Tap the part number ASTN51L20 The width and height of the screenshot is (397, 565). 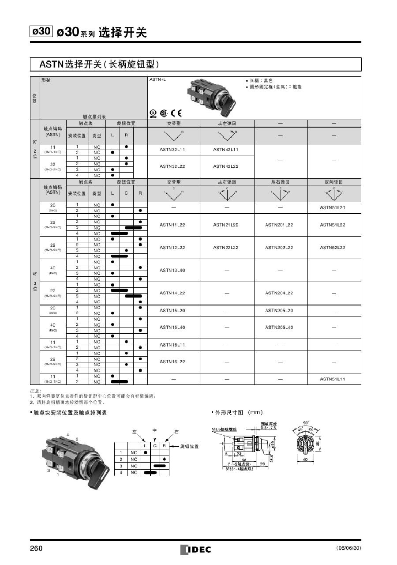334,207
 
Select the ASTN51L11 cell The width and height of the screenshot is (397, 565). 334,379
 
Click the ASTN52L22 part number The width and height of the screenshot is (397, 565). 334,248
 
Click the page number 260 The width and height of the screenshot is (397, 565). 36,549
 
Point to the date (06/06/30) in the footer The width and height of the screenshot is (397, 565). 348,549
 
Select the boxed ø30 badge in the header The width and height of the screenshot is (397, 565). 41,31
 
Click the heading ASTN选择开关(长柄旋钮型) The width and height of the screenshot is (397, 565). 99,65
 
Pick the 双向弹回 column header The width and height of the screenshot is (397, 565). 334,182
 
